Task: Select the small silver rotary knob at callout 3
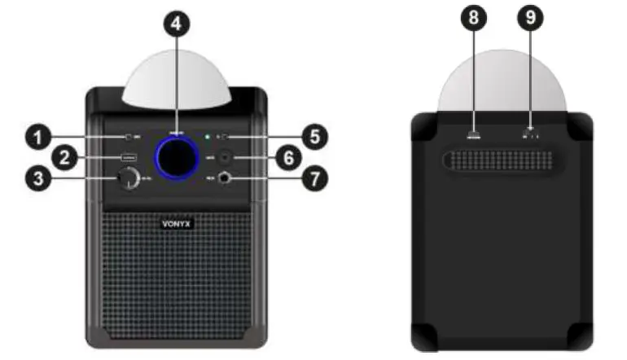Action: [128, 179]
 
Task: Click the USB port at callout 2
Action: [128, 157]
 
